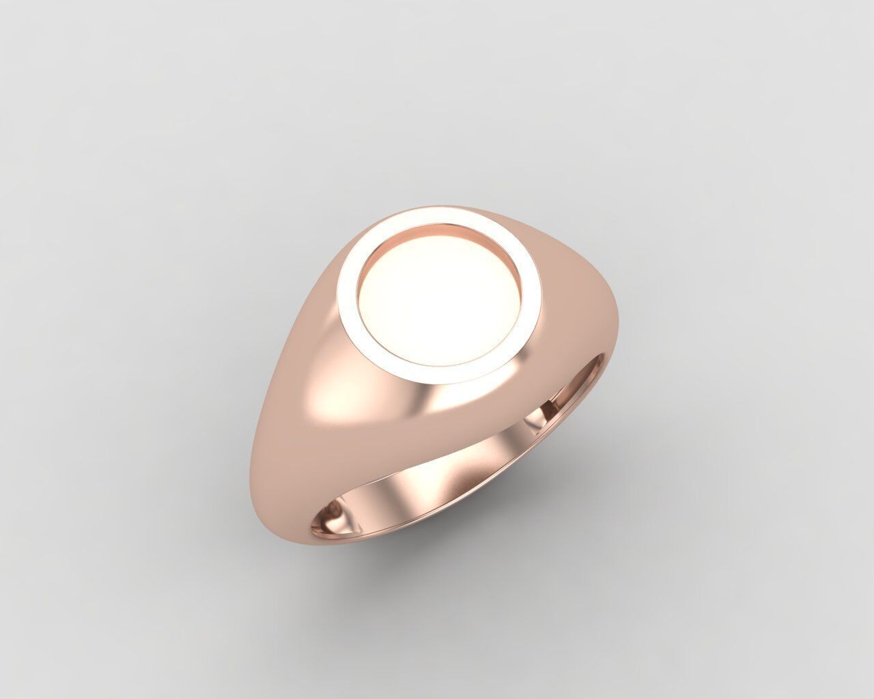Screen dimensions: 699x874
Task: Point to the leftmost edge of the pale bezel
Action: coord(339,294)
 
